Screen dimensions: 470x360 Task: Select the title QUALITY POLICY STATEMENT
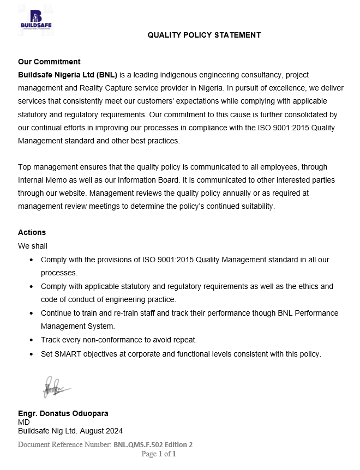(x=204, y=35)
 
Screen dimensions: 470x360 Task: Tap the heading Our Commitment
(x=49, y=62)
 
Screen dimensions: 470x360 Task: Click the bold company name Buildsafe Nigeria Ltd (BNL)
(x=68, y=75)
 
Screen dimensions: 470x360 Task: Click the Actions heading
(x=32, y=233)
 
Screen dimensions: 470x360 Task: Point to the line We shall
(x=33, y=246)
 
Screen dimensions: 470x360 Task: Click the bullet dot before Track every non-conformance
(x=32, y=340)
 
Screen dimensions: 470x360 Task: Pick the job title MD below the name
(x=24, y=422)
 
